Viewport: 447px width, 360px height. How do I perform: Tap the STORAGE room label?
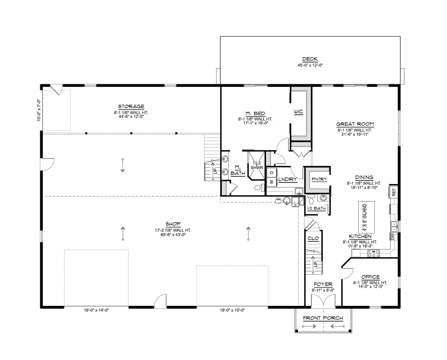[129, 107]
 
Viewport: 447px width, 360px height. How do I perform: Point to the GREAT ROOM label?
[355, 124]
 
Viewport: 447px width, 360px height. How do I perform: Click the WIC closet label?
[298, 112]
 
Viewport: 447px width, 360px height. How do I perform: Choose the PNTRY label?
[317, 179]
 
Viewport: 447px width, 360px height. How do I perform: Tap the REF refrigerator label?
[394, 192]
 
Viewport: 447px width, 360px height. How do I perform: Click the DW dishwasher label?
[392, 237]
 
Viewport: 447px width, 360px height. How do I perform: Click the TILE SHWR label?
[257, 165]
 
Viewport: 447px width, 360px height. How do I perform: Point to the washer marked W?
[272, 182]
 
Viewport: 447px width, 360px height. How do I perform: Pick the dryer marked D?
[272, 172]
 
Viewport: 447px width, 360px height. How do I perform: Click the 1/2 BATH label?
[316, 208]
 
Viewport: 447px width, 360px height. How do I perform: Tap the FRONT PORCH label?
[323, 318]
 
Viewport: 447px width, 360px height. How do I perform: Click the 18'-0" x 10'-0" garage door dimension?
[230, 311]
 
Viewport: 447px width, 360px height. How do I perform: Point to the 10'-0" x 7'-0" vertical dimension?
[39, 110]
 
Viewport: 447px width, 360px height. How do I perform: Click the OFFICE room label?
[370, 277]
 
